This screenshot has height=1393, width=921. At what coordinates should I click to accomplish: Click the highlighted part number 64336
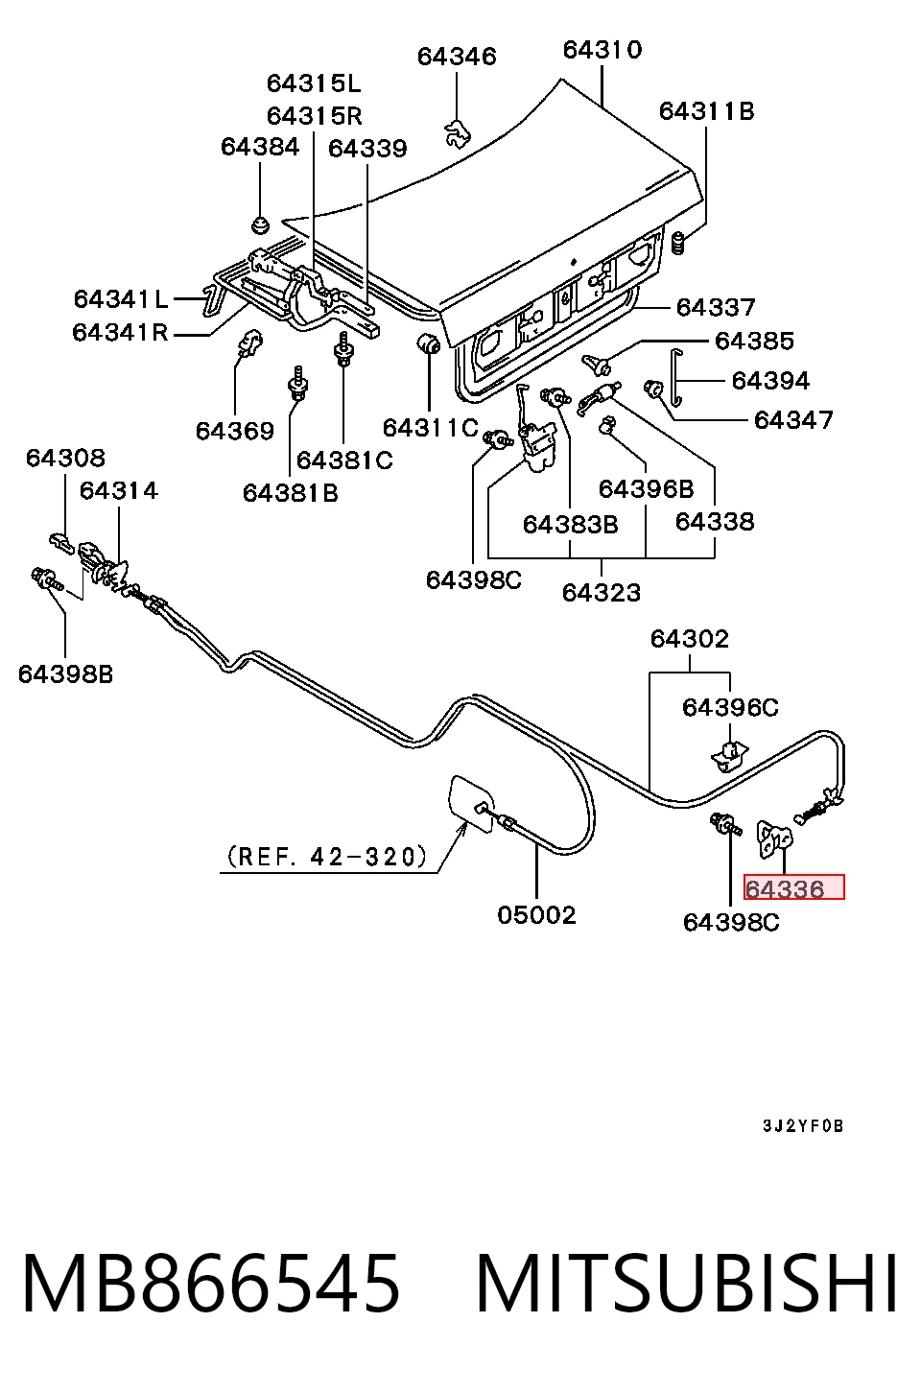click(785, 889)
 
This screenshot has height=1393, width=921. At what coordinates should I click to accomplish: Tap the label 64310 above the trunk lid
click(602, 50)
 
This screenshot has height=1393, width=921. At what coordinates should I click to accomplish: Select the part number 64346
click(457, 57)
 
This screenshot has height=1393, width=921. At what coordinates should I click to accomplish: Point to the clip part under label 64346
click(458, 131)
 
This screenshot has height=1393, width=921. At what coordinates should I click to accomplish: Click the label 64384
click(260, 147)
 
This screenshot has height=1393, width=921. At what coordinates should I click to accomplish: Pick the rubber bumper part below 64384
click(260, 224)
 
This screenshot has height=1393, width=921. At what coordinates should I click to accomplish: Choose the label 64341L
click(121, 299)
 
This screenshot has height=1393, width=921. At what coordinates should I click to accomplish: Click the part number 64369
click(234, 431)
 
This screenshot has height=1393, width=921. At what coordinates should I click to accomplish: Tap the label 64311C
click(430, 428)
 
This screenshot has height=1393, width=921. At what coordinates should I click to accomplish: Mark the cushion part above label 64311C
click(429, 343)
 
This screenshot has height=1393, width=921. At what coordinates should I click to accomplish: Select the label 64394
click(770, 381)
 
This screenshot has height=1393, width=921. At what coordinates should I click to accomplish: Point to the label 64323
click(601, 592)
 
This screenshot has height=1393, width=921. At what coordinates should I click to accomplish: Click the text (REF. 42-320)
click(327, 857)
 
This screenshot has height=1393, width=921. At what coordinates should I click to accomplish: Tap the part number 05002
click(536, 915)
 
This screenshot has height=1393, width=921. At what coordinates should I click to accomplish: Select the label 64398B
click(65, 674)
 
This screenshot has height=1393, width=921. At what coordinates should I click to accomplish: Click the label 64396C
click(730, 708)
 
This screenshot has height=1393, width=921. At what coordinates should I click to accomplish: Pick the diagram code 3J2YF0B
click(803, 1126)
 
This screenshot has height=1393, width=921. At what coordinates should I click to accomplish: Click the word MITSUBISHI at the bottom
click(687, 1285)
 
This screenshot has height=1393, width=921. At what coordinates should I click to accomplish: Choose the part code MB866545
click(211, 1285)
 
